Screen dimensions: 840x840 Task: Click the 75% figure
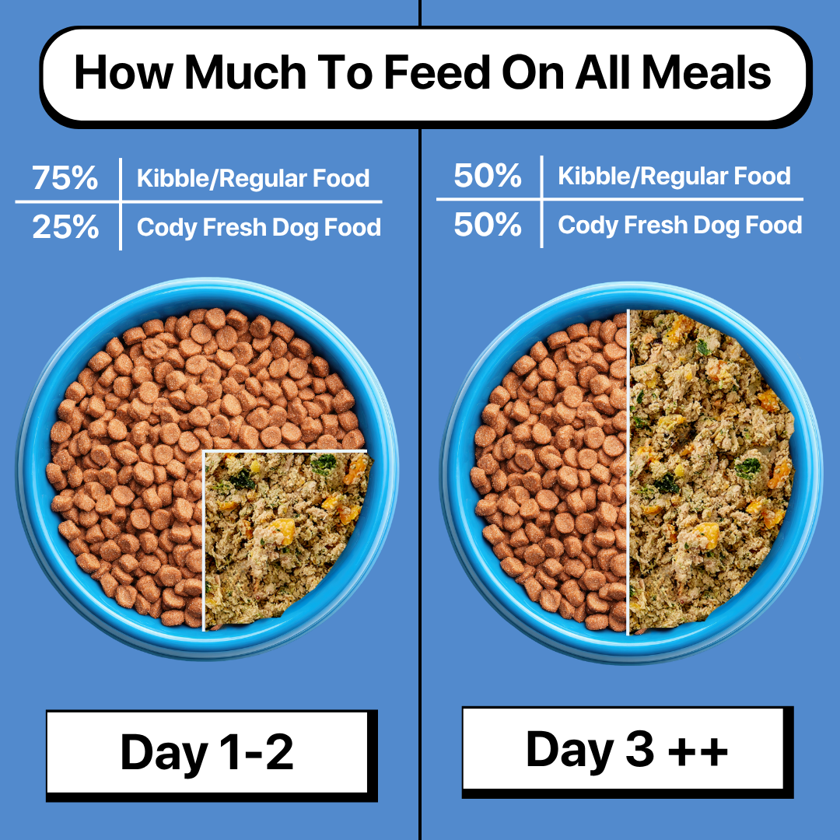tap(65, 179)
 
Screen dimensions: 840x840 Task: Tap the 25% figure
tap(65, 227)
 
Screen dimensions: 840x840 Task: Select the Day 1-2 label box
tap(207, 753)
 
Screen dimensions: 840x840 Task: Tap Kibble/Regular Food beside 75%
tap(253, 179)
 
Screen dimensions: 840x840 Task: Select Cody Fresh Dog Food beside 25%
tap(259, 228)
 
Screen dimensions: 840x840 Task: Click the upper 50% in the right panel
tap(488, 177)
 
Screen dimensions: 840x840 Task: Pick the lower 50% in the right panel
tap(488, 225)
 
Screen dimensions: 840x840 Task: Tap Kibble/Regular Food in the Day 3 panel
tap(674, 177)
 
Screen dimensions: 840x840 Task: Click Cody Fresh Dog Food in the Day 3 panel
tap(680, 226)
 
